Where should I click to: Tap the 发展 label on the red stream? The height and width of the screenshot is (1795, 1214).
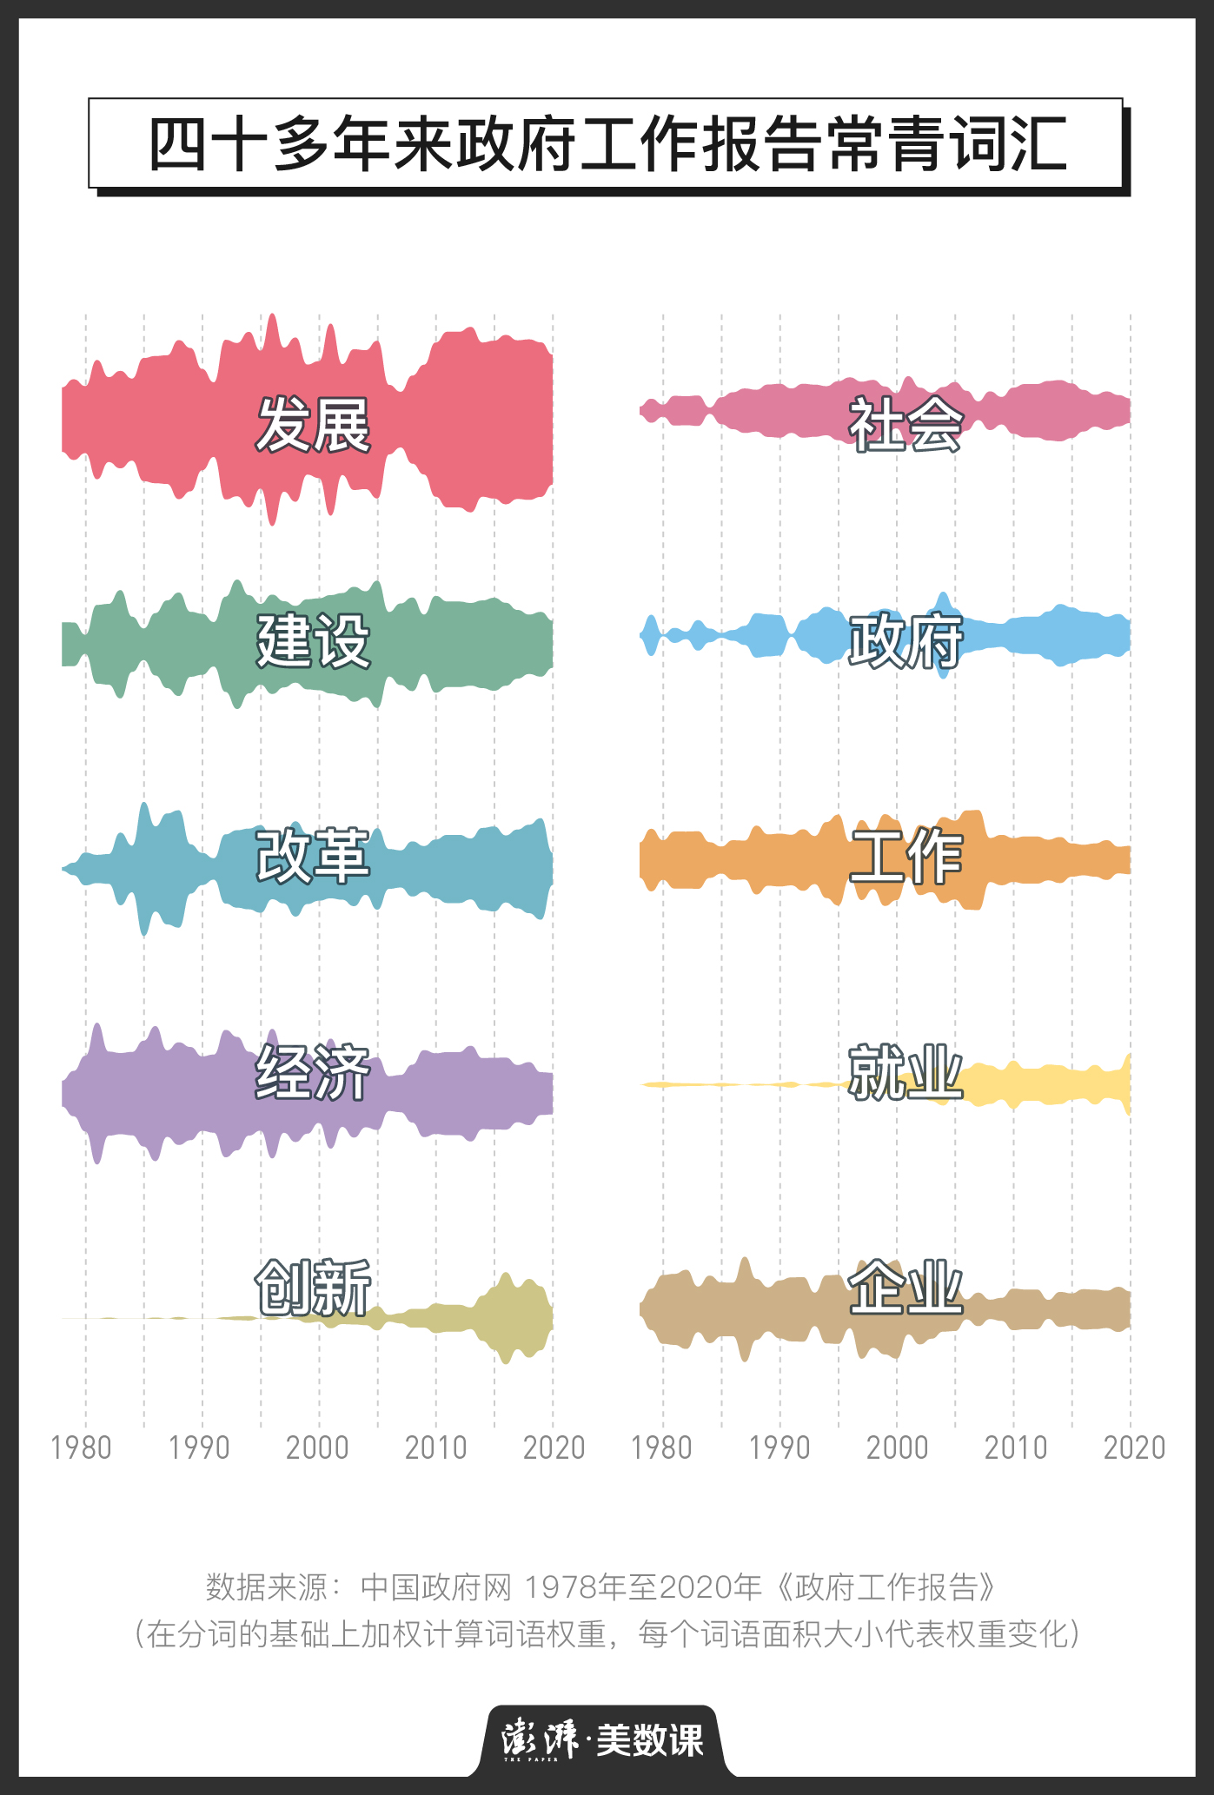click(313, 425)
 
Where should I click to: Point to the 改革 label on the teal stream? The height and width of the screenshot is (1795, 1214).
click(313, 856)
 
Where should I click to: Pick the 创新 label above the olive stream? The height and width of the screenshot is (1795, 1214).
click(313, 1287)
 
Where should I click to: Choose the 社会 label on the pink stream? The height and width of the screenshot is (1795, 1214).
click(906, 425)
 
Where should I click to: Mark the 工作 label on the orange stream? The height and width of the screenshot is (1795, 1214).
click(906, 856)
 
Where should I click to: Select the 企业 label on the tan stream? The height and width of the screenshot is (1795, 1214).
click(906, 1287)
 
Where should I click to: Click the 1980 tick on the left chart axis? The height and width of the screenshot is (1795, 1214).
click(82, 1448)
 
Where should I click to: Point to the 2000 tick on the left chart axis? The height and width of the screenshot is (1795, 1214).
click(317, 1448)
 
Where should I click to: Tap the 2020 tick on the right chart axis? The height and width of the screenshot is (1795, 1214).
click(1133, 1448)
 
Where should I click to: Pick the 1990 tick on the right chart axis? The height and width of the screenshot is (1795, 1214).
click(779, 1448)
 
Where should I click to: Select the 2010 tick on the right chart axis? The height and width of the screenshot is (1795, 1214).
click(1015, 1448)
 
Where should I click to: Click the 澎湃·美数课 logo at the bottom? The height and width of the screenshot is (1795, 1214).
click(603, 1740)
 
